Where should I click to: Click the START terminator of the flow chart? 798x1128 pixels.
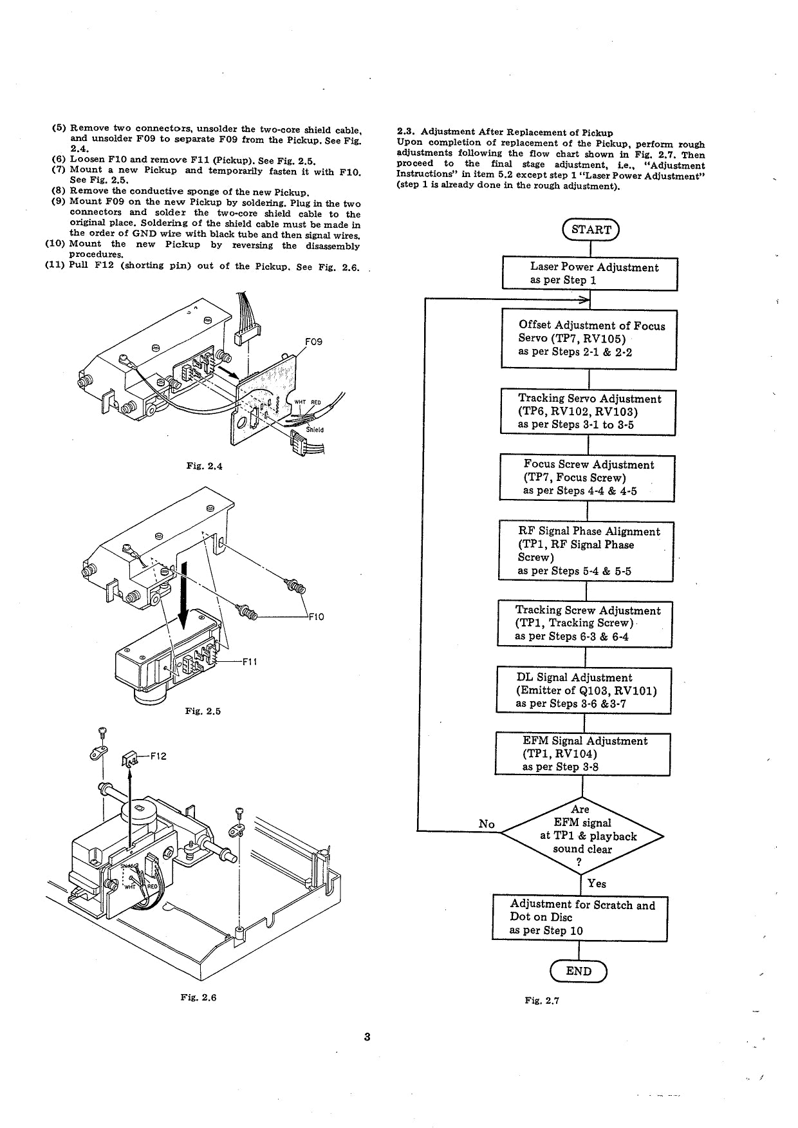(590, 229)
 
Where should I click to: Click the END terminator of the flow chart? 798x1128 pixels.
(578, 971)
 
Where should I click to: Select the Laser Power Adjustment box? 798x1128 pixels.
(589, 274)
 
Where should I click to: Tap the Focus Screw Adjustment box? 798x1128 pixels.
(587, 478)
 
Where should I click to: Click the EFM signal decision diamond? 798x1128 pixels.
(581, 836)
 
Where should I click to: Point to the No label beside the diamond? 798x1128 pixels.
(487, 823)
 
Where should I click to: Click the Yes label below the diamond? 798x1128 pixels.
(597, 884)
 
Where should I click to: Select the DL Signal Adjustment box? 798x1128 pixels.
(584, 690)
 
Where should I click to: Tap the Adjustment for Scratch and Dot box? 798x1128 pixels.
(580, 918)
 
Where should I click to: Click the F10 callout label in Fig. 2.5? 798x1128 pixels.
(316, 617)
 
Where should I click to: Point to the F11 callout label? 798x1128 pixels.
(250, 661)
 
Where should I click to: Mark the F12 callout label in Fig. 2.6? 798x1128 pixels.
(158, 756)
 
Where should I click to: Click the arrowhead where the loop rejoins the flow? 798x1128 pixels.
(584, 299)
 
